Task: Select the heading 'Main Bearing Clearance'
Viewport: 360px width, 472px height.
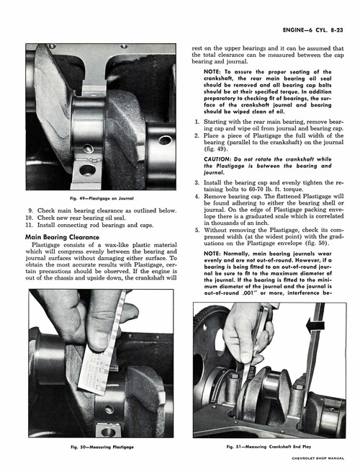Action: coord(62,236)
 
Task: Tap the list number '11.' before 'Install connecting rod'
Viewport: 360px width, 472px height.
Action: coord(30,225)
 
